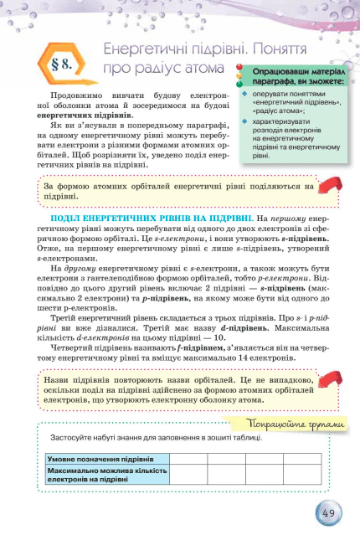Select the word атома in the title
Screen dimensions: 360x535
[203, 67]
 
